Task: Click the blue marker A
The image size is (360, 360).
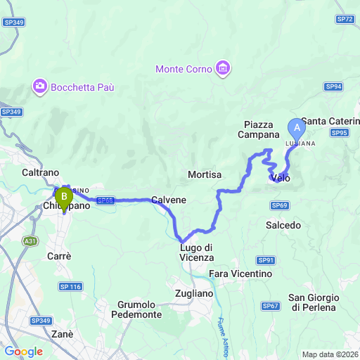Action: coord(296,129)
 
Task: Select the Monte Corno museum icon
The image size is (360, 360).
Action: coord(224,68)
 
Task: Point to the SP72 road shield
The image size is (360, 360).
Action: coord(345,19)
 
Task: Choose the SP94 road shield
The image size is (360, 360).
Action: coord(333,86)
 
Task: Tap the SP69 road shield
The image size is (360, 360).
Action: coord(279,205)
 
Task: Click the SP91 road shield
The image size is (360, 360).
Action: coord(268,259)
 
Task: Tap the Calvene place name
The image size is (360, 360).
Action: coord(169,200)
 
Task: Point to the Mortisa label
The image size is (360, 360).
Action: coord(205,174)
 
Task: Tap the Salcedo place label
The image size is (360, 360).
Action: coord(283,225)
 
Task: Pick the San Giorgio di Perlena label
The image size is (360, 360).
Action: coord(314,302)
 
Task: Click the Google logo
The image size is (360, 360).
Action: coord(23,352)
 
